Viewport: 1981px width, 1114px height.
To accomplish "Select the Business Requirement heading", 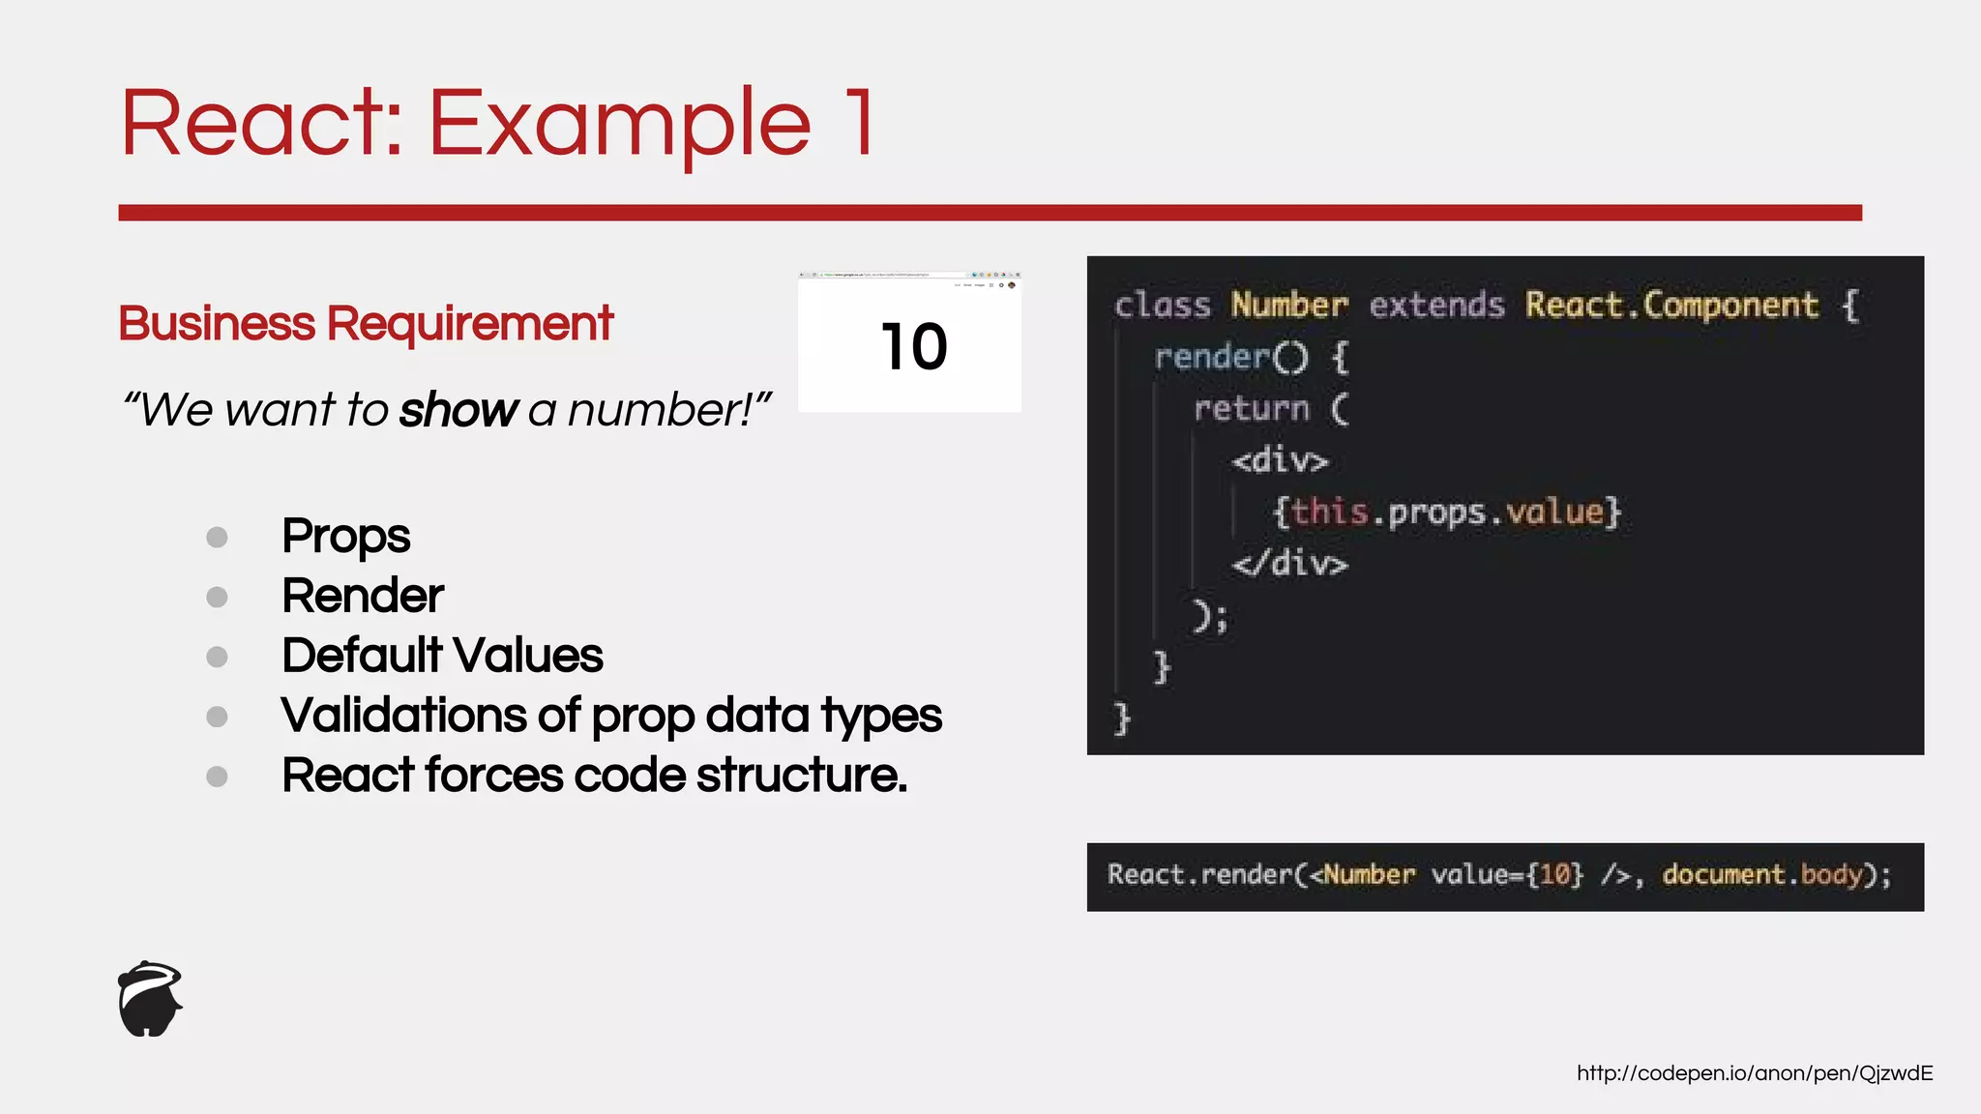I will click(x=366, y=324).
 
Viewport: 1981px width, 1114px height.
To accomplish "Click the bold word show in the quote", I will click(x=458, y=410).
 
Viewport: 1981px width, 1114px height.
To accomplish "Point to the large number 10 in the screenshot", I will click(x=913, y=347).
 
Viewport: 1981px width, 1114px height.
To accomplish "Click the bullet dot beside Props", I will click(x=217, y=537).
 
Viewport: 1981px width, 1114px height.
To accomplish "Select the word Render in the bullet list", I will click(x=363, y=596).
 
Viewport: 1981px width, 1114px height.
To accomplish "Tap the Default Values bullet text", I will click(x=442, y=656).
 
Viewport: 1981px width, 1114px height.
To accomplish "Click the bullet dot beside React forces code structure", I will click(x=217, y=777).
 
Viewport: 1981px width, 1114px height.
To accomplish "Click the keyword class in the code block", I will click(x=1162, y=306).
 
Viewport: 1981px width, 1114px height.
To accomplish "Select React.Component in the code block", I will click(x=1671, y=306).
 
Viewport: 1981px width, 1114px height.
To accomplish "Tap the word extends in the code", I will click(x=1436, y=306).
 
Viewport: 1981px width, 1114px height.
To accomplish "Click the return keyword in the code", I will click(x=1251, y=409).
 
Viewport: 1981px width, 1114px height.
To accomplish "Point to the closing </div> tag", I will click(x=1289, y=563).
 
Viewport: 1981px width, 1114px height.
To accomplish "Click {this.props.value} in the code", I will click(x=1446, y=512).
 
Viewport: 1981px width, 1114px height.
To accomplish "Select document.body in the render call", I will click(x=1763, y=875).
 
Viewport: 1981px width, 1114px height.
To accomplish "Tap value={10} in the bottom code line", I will click(x=1507, y=875).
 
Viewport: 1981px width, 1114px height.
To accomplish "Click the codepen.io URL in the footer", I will click(x=1754, y=1073).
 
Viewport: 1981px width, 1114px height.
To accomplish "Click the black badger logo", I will click(x=150, y=999).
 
